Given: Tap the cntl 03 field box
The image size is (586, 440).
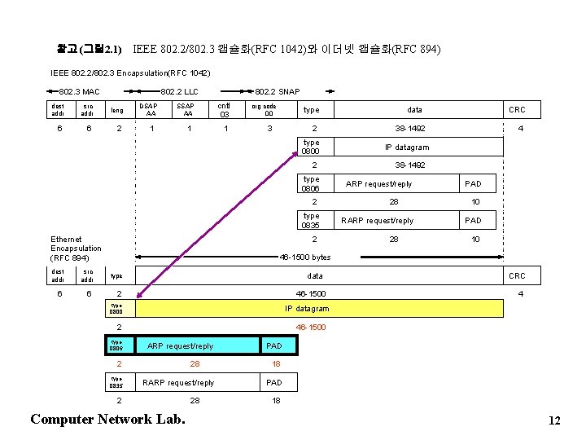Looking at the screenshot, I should [x=225, y=109].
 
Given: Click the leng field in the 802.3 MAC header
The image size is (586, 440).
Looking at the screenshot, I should [x=117, y=109].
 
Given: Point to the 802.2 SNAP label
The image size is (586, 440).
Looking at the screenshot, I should [x=277, y=91].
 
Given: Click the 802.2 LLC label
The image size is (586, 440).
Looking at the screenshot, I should [x=180, y=91].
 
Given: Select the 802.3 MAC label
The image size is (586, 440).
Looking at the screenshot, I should [x=79, y=91].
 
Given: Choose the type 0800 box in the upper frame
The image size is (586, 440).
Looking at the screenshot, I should [x=311, y=147].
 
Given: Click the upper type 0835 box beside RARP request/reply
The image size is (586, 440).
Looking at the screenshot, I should [x=311, y=220].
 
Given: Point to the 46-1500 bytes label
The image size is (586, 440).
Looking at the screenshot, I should [x=305, y=257].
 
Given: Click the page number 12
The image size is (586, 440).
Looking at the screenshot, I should [x=554, y=420].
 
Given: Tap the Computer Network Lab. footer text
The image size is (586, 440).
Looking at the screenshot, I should [x=107, y=419].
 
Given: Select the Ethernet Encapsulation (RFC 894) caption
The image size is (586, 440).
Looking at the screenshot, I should [x=76, y=248].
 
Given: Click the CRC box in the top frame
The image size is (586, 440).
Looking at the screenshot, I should [x=517, y=109].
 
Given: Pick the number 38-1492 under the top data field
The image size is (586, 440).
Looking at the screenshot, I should [x=409, y=129].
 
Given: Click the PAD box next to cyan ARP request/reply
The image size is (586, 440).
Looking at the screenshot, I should [x=275, y=345].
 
